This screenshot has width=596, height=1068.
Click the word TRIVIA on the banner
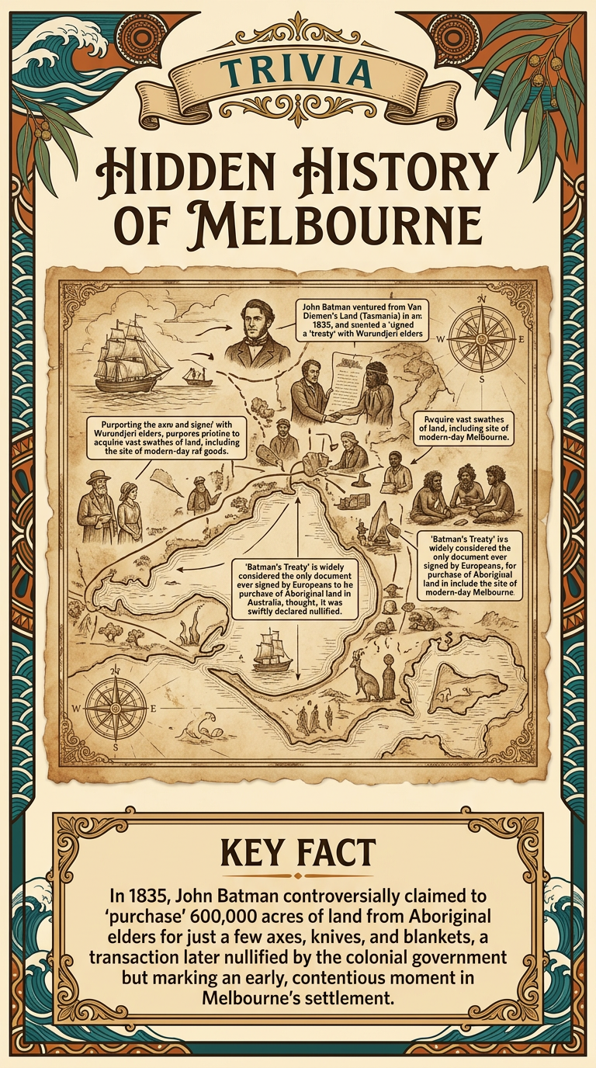coord(299,73)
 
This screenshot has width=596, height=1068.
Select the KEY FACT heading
coord(298,853)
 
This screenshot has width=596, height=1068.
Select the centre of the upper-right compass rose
coord(481,339)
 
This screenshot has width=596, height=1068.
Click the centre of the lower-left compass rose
coord(116,708)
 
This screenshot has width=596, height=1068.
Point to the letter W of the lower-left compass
coord(76,709)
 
